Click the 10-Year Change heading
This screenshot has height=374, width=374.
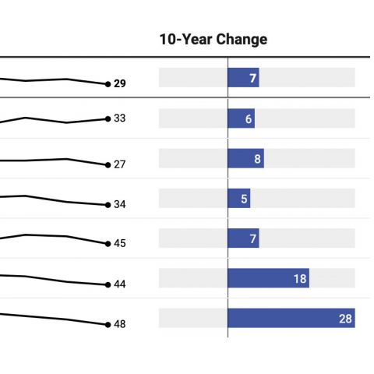coord(213,40)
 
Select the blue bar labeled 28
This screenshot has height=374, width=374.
coord(291,318)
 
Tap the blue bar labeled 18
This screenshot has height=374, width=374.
coord(269,278)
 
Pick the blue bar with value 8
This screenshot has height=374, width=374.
coord(246,158)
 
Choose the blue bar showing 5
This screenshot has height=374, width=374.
coord(239,199)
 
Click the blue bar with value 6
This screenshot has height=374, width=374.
coord(242,118)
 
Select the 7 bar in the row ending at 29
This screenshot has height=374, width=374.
coord(243,78)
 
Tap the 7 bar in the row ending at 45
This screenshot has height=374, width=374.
coord(243,238)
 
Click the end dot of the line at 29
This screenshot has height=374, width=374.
coord(108,84)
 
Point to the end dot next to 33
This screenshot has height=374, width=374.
coord(108,119)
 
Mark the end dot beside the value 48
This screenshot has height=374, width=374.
coord(108,325)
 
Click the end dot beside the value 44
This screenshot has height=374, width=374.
coord(108,285)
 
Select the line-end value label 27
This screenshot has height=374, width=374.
coord(120,164)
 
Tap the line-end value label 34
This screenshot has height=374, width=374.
coord(120,204)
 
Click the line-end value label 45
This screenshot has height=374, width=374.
coord(120,243)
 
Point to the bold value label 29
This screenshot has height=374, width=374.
coord(120,83)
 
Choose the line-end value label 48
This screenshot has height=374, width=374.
coord(120,324)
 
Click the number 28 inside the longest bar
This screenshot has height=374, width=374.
coord(345,319)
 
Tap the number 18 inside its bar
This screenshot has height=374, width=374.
coord(300,279)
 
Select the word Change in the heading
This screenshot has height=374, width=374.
coord(242,40)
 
